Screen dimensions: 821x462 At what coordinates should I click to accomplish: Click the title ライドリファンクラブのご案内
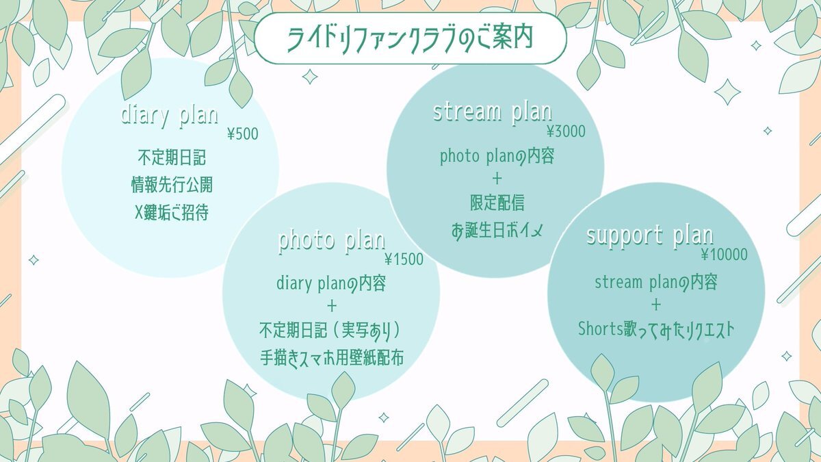(x=410, y=38)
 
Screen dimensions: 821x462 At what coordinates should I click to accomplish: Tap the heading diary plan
(x=170, y=116)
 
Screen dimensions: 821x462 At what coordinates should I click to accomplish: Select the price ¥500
(x=243, y=134)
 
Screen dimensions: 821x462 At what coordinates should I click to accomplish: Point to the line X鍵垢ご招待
(x=172, y=212)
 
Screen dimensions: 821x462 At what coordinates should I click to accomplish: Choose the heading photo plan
(x=332, y=242)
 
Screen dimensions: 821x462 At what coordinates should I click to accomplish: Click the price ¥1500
(x=404, y=259)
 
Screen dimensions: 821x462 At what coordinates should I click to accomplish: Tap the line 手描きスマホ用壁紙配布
(x=332, y=357)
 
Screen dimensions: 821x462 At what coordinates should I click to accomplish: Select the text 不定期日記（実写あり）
(x=330, y=331)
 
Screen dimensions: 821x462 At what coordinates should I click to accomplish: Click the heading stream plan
(x=493, y=112)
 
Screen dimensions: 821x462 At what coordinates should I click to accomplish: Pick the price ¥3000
(x=566, y=131)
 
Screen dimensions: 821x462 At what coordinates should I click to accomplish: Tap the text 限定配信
(x=497, y=203)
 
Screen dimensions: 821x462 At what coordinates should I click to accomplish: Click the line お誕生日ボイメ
(x=497, y=231)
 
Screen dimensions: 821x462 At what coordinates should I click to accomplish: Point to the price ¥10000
(x=725, y=255)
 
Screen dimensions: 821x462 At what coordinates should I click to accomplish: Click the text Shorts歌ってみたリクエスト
(x=656, y=330)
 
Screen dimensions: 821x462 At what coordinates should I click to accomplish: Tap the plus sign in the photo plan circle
(x=332, y=306)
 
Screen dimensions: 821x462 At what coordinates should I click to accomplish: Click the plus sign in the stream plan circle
(x=497, y=179)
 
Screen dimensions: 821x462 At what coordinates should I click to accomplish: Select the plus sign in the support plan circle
(x=656, y=305)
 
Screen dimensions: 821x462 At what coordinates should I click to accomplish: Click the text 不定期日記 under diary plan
(x=172, y=157)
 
